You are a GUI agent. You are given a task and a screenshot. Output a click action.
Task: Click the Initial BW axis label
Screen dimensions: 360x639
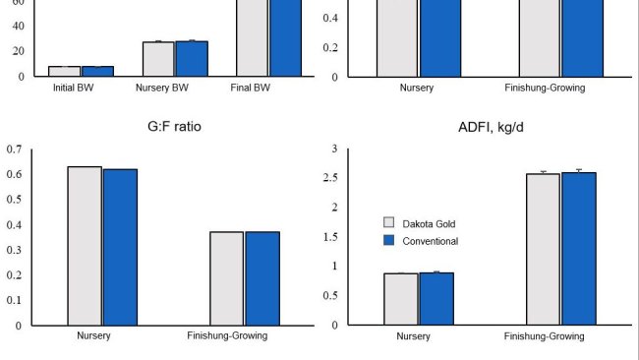74,88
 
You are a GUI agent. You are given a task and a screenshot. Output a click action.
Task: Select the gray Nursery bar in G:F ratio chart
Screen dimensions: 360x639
85,246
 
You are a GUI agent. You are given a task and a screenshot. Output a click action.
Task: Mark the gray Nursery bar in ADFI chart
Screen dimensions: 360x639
401,299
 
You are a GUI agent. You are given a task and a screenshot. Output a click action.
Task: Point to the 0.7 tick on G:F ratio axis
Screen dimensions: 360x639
14,150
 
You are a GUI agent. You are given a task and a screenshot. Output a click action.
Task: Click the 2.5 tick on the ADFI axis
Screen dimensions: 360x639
329,178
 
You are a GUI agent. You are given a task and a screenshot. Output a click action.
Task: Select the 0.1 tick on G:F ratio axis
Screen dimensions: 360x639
14,300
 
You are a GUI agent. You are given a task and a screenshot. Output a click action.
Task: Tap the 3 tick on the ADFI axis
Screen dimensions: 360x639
333,150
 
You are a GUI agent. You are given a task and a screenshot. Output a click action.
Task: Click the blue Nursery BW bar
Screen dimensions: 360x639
192,59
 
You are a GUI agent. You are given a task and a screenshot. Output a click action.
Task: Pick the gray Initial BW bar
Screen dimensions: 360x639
64,72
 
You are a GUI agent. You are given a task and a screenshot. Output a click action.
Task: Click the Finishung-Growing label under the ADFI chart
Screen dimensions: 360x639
544,335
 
